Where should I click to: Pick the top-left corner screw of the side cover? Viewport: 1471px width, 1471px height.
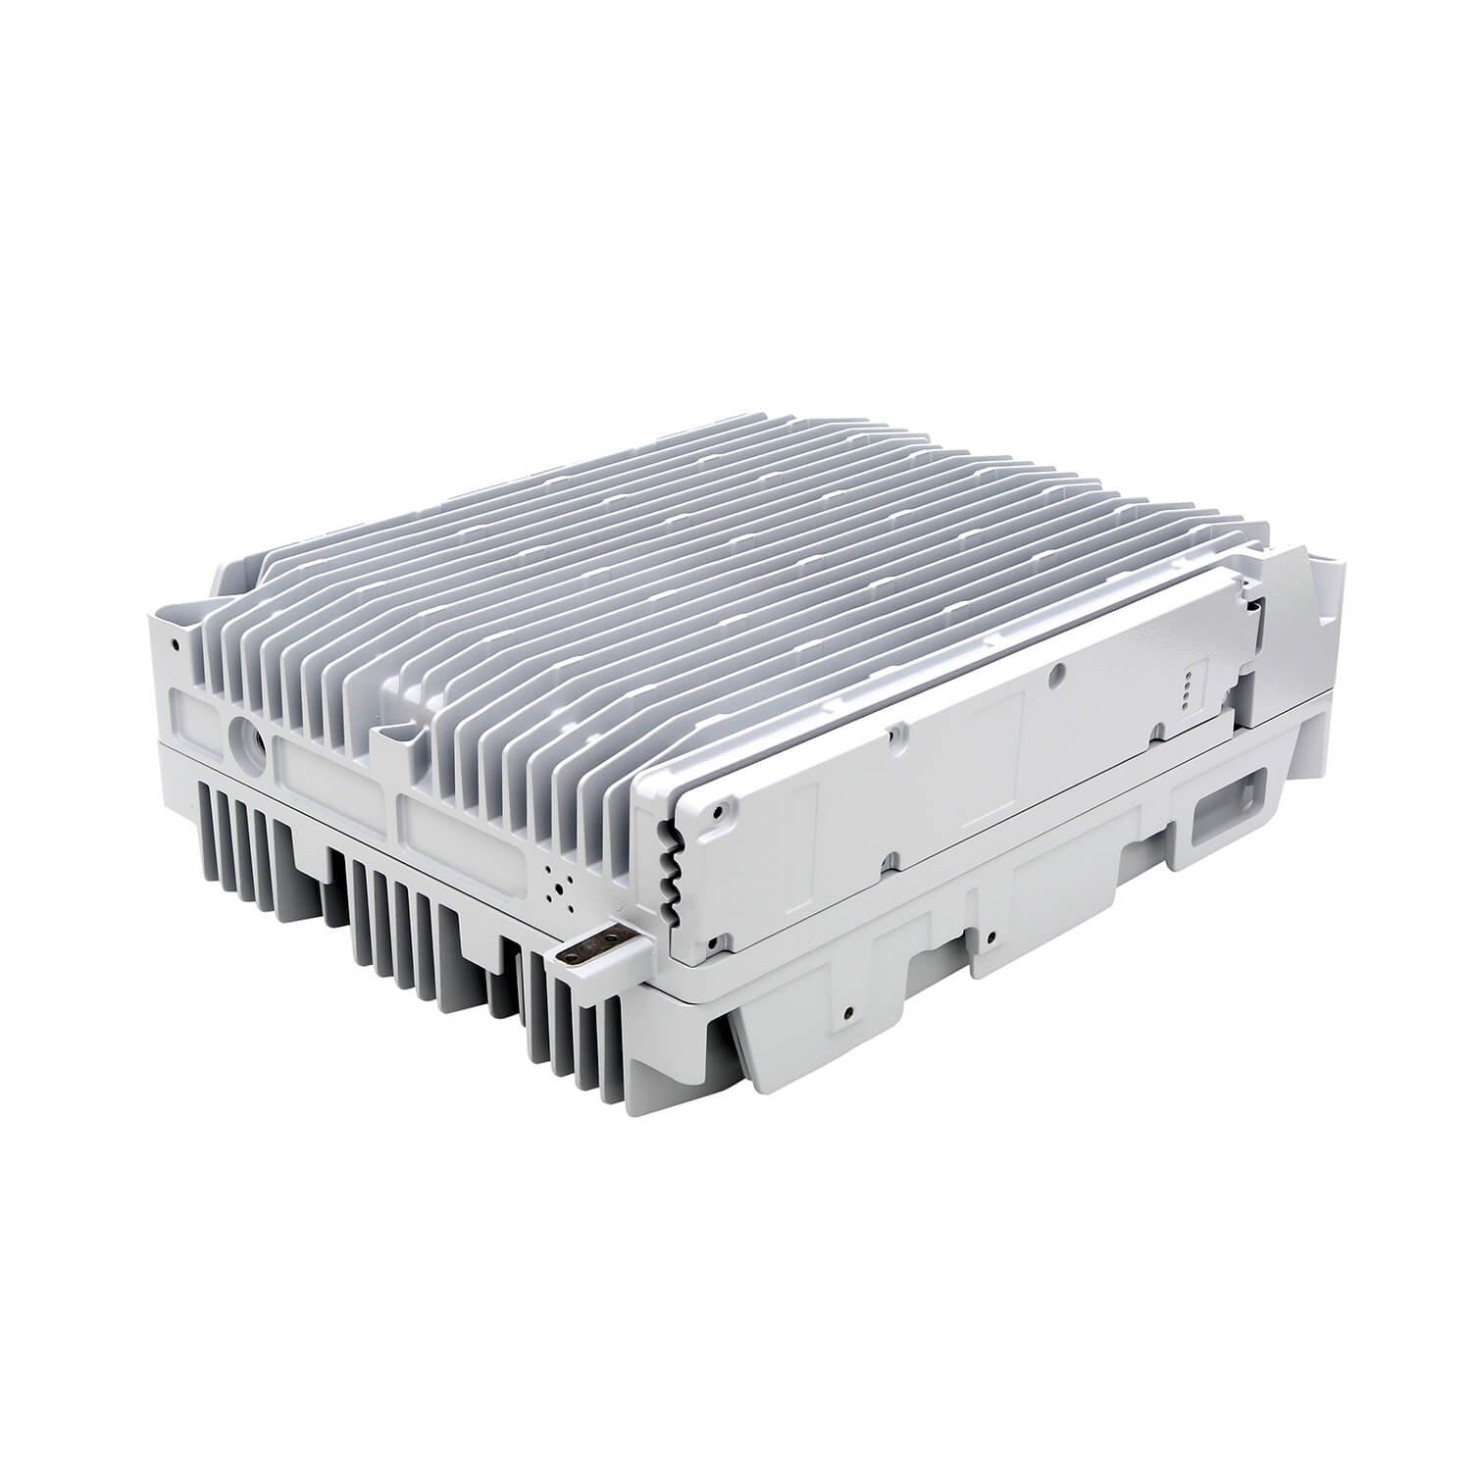(x=722, y=810)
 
